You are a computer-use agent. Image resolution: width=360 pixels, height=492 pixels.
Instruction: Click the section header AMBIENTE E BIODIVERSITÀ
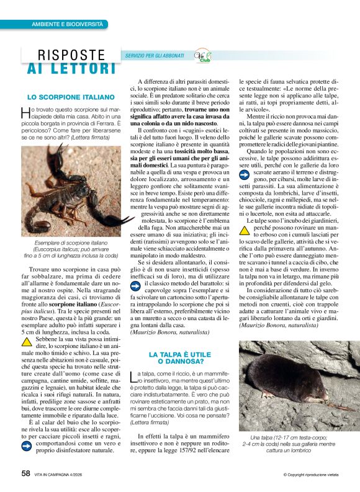[68, 24]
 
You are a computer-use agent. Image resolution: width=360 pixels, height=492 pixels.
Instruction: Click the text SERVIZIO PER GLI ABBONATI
[155, 56]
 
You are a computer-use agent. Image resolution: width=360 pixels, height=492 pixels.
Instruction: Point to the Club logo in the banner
[202, 56]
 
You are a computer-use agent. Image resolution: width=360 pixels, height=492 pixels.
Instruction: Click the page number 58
[25, 473]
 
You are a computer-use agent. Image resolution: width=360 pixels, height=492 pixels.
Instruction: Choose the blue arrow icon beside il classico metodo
[136, 285]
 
